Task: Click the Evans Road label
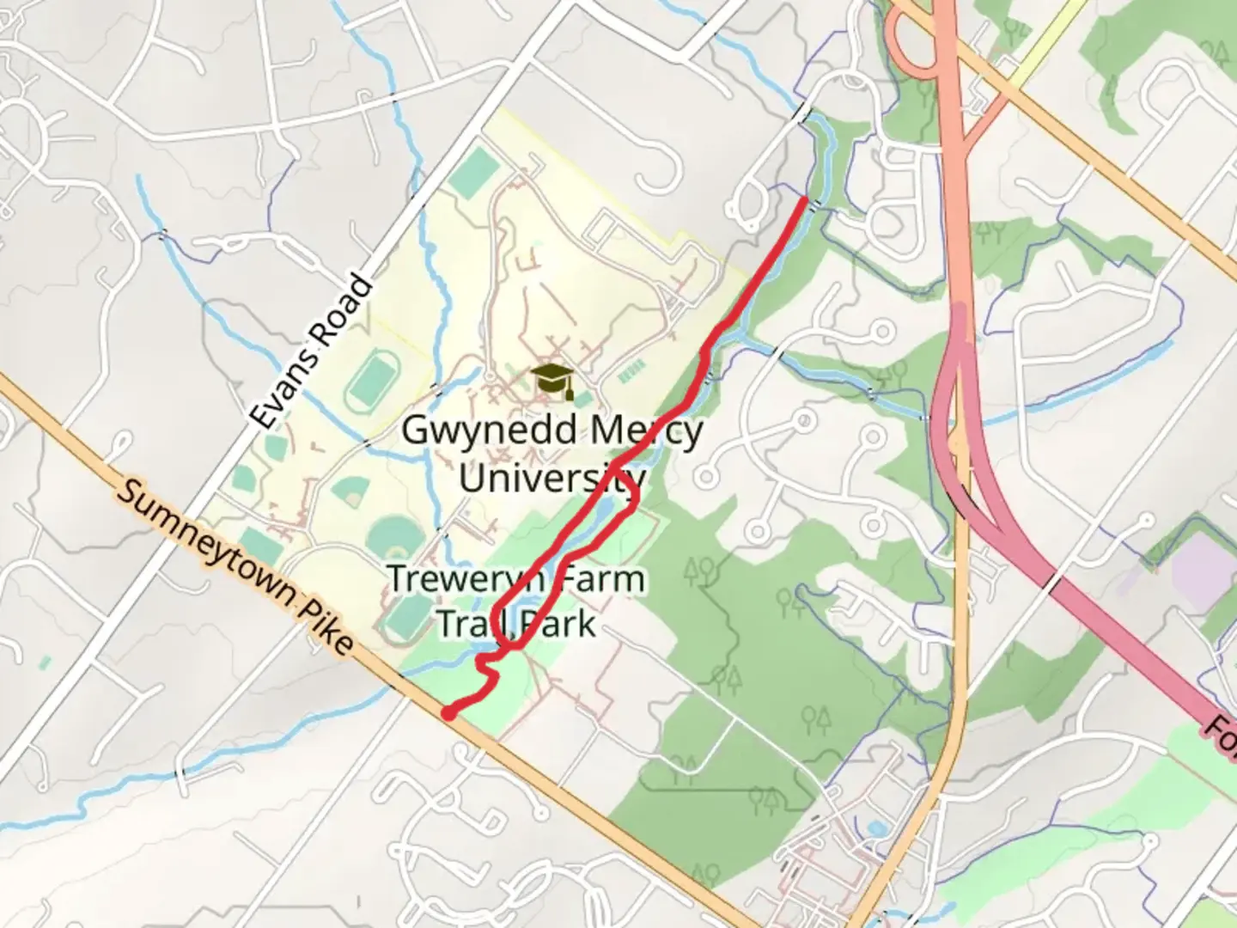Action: pyautogui.click(x=312, y=351)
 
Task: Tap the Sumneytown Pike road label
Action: pyautogui.click(x=234, y=568)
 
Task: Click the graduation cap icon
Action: pyautogui.click(x=552, y=381)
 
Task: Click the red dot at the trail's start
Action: pyautogui.click(x=448, y=712)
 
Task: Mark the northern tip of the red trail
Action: pyautogui.click(x=804, y=200)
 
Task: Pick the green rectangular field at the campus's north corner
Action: pyautogui.click(x=473, y=171)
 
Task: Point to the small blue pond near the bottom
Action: pyautogui.click(x=876, y=829)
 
